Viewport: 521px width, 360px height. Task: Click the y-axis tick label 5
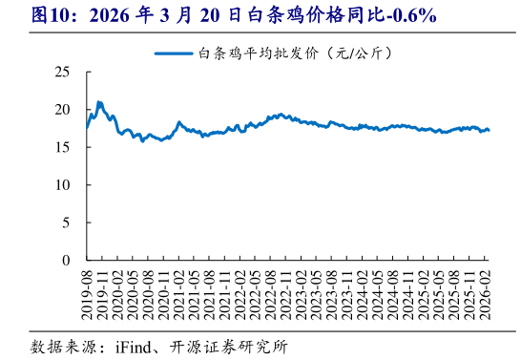(67, 222)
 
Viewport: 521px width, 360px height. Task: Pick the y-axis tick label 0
(67, 260)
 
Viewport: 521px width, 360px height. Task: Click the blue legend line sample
(172, 55)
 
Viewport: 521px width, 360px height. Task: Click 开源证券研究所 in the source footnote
(229, 346)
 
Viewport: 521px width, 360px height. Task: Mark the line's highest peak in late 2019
(99, 102)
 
